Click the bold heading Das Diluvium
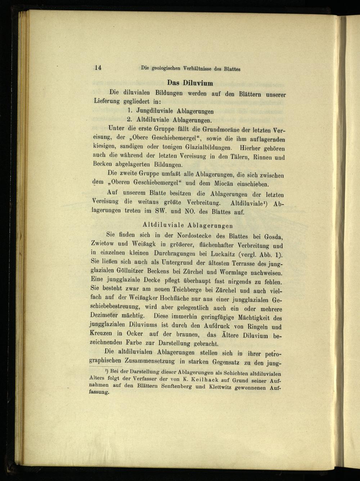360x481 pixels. [190, 83]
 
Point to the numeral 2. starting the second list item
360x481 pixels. [129, 120]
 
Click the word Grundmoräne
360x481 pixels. [213, 129]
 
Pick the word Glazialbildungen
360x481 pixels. [206, 148]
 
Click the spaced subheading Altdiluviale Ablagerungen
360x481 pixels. [188, 226]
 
